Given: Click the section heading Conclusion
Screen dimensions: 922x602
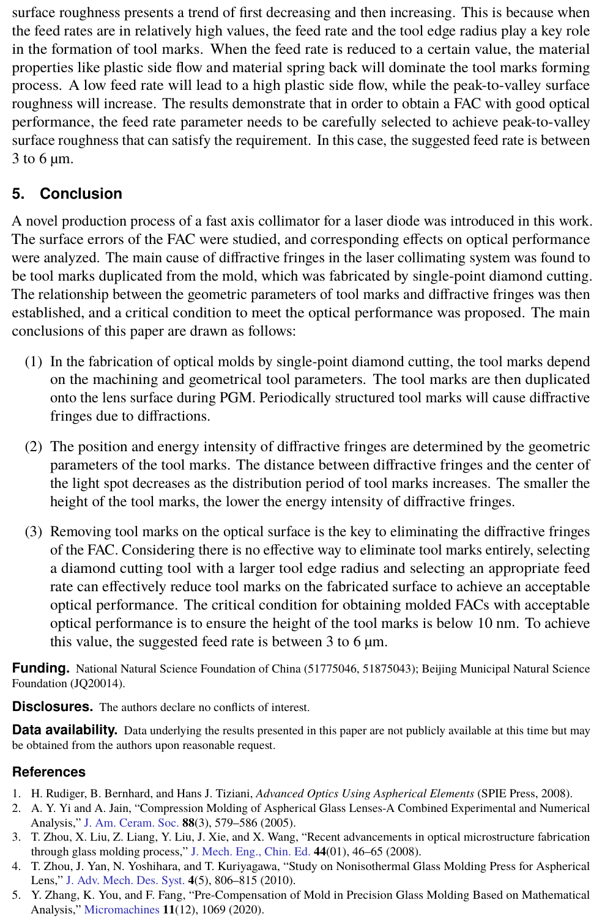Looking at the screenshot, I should click(81, 194).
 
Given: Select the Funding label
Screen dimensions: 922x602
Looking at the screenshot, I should click(40, 668).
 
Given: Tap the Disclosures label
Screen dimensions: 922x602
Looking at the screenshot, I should click(52, 707).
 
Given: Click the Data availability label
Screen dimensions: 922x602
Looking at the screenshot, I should click(64, 729).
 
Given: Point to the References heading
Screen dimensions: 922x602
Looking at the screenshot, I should click(49, 772).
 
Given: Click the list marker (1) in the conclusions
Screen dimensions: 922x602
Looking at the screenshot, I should click(34, 361).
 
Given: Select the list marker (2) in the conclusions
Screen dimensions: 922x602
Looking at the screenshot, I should click(34, 446).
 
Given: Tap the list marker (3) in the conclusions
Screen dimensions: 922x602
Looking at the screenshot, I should click(34, 531).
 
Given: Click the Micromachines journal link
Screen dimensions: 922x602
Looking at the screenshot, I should click(122, 909).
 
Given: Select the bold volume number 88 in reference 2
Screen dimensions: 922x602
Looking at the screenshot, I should click(188, 823).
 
